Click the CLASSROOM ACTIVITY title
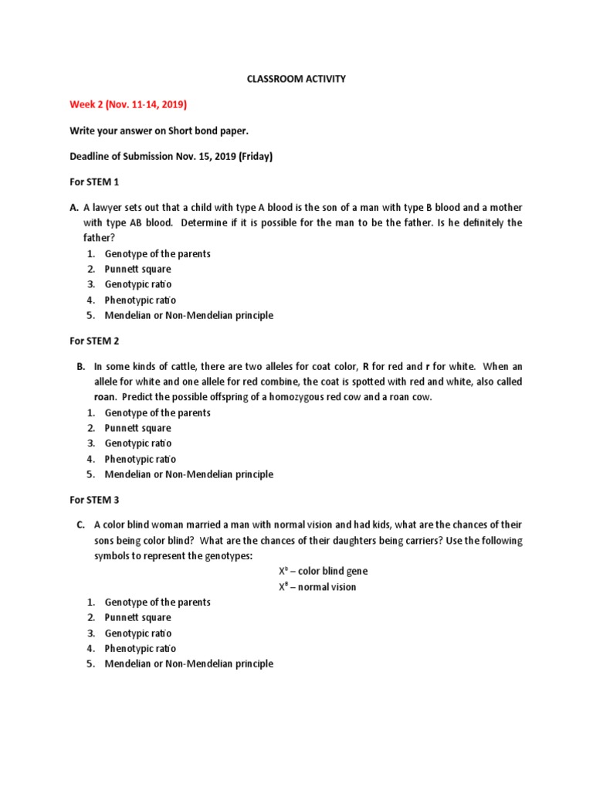click(x=296, y=78)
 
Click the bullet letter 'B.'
click(x=81, y=367)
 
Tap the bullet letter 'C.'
click(x=81, y=525)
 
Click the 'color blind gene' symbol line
click(x=323, y=572)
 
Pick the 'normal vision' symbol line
click(x=317, y=587)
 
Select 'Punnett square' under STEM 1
click(x=138, y=270)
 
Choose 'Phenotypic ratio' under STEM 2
click(x=141, y=459)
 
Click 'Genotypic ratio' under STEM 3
click(x=138, y=633)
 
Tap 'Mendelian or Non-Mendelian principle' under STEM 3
click(x=188, y=664)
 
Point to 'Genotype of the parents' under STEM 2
click(x=158, y=412)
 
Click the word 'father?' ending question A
click(x=100, y=238)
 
